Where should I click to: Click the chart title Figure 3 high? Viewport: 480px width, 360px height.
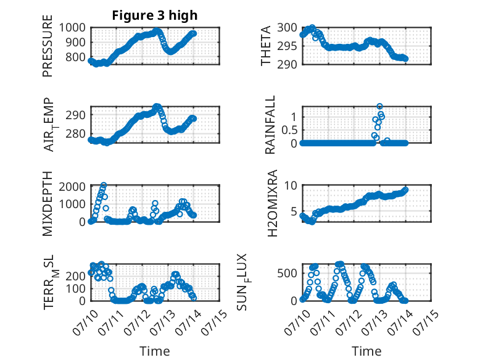click(x=155, y=15)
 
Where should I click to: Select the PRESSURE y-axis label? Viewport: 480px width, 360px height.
click(x=48, y=46)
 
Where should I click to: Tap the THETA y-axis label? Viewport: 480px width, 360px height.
click(x=266, y=46)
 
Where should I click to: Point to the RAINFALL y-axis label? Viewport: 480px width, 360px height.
click(x=270, y=125)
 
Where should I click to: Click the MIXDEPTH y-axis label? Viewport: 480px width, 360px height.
click(x=48, y=203)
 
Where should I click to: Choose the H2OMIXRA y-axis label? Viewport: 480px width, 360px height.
click(x=272, y=203)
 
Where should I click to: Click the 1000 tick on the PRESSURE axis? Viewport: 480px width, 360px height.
click(x=72, y=28)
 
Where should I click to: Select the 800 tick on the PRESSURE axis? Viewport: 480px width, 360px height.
click(x=75, y=57)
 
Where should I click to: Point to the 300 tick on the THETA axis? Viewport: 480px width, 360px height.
click(x=287, y=28)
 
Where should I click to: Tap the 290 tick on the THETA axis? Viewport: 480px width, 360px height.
click(x=287, y=64)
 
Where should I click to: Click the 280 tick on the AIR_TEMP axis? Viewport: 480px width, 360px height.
click(x=75, y=133)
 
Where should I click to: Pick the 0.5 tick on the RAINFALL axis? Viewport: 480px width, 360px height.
click(x=289, y=130)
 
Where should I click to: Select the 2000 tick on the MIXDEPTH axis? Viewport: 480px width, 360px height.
click(x=72, y=186)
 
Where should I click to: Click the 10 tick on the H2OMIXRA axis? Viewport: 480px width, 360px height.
click(x=291, y=185)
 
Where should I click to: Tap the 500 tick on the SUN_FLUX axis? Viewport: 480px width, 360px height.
click(x=287, y=274)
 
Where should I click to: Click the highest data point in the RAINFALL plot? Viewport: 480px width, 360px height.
click(x=379, y=106)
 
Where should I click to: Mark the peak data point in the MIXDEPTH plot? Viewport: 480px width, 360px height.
click(x=104, y=185)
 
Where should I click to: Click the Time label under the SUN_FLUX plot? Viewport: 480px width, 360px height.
click(x=366, y=351)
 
